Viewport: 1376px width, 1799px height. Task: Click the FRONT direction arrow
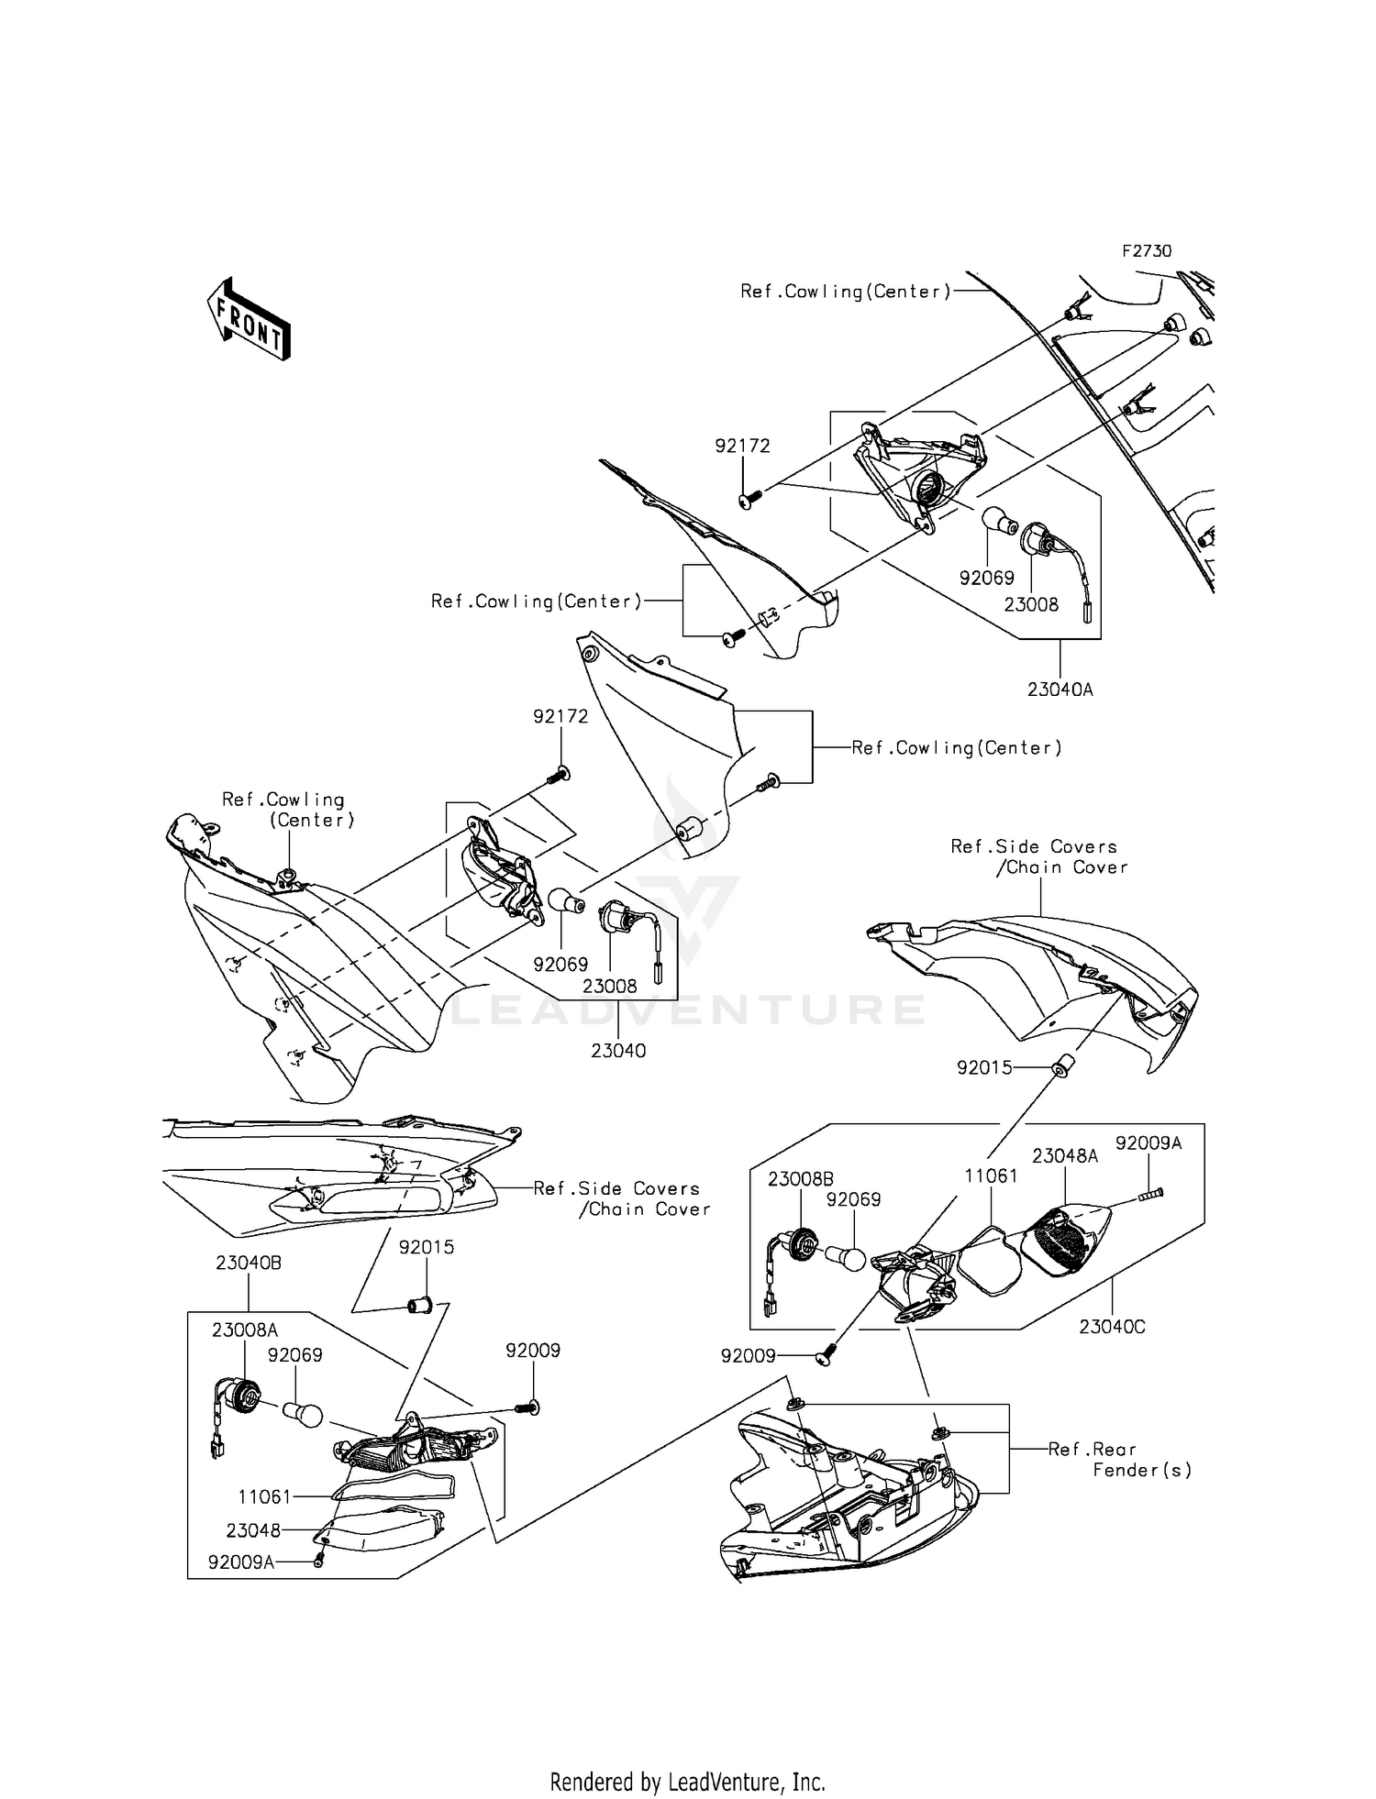(249, 317)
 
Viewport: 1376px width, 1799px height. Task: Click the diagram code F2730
(1146, 251)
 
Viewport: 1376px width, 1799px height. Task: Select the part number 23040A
(1060, 690)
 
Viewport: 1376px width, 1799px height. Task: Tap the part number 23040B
(249, 1263)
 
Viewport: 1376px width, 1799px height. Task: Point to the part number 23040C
(1112, 1327)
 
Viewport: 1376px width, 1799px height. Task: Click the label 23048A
(1065, 1156)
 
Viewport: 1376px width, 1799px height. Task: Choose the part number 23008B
(801, 1179)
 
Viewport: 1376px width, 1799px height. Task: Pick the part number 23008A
(245, 1330)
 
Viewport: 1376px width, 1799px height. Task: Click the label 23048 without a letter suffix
(253, 1530)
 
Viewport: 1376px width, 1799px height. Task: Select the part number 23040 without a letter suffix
(618, 1051)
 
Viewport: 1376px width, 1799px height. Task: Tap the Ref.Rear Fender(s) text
(1120, 1460)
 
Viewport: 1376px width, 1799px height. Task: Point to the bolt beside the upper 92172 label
(750, 500)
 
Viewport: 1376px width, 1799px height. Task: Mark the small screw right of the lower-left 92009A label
(319, 1562)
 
